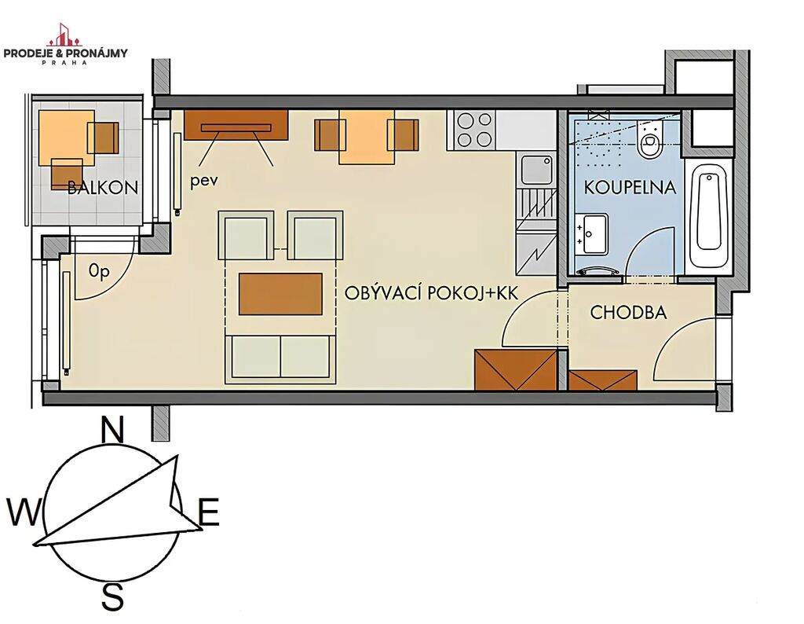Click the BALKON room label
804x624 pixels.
pos(103,187)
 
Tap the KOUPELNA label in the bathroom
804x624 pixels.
pos(630,187)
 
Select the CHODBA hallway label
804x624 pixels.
pos(628,313)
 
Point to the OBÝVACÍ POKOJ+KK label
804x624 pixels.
pos(431,293)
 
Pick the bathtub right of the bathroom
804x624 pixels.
pos(710,215)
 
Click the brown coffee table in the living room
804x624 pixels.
pos(280,294)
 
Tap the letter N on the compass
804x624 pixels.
pos(113,429)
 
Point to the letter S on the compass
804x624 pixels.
pos(112,595)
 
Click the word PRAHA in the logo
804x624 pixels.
pos(65,62)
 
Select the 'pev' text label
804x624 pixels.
pos(204,182)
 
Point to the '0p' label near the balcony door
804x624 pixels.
pos(99,271)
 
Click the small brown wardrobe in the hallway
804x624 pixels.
pos(603,380)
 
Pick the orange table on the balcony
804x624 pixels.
pos(67,138)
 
